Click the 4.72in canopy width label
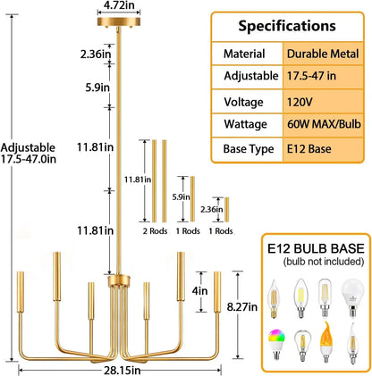coord(119,5)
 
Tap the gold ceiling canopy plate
coord(119,21)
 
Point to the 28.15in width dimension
coord(122,371)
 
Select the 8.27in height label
coord(242,306)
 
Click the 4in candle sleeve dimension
coord(199,290)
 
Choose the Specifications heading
coord(287,26)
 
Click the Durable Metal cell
coord(323,54)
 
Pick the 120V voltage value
coord(300,102)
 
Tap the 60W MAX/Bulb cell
coord(324,124)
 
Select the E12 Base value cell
coord(309,148)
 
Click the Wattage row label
coord(245,124)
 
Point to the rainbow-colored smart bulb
coord(276,344)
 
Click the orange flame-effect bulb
coord(326,342)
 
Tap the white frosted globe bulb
coord(352,297)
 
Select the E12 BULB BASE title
coord(316,248)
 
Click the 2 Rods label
coord(155,231)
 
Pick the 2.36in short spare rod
coord(227,210)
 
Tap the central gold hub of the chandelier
coord(119,280)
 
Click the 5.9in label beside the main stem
coord(97,88)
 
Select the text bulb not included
coord(324,262)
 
